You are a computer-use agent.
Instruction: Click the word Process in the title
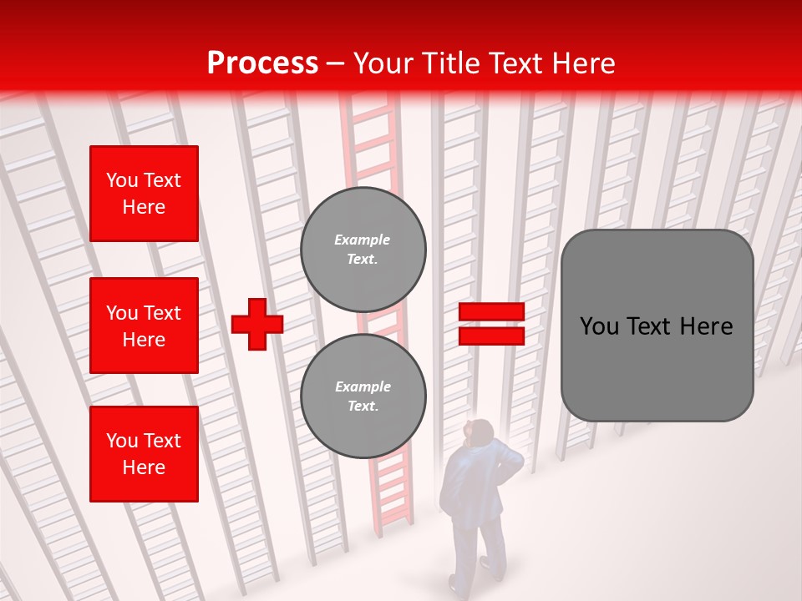(262, 63)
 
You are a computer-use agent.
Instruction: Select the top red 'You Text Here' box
(144, 194)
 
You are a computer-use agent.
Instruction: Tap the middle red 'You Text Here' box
(144, 326)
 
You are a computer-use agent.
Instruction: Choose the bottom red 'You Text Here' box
(144, 454)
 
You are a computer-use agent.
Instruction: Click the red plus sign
(257, 324)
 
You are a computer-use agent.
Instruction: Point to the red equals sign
(491, 324)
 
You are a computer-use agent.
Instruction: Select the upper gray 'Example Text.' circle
(363, 250)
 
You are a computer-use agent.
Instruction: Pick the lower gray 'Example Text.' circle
(363, 396)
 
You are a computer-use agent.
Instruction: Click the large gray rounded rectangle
(657, 326)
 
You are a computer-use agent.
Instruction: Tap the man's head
(481, 432)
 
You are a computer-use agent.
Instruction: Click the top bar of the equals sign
(491, 312)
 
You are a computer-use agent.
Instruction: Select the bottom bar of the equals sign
(491, 336)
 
